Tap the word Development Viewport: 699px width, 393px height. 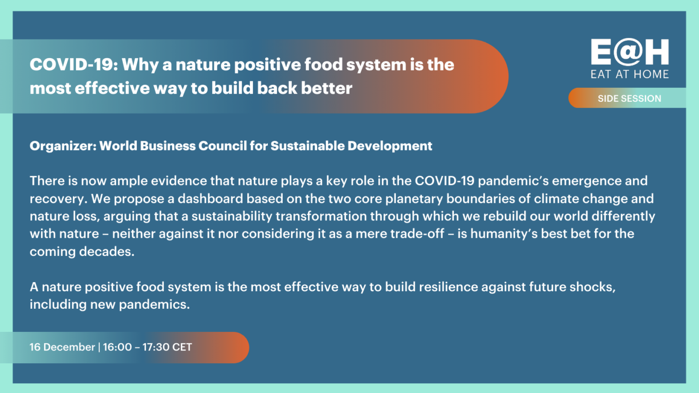(x=390, y=146)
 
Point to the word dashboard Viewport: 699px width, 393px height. (x=210, y=199)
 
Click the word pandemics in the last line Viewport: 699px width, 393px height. (x=154, y=305)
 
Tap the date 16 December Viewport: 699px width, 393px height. (x=62, y=347)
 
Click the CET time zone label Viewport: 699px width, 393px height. (x=182, y=347)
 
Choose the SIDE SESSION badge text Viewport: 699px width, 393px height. (x=630, y=99)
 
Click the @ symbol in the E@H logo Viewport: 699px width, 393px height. (x=628, y=52)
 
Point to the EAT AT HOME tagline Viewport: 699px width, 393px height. (x=630, y=74)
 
